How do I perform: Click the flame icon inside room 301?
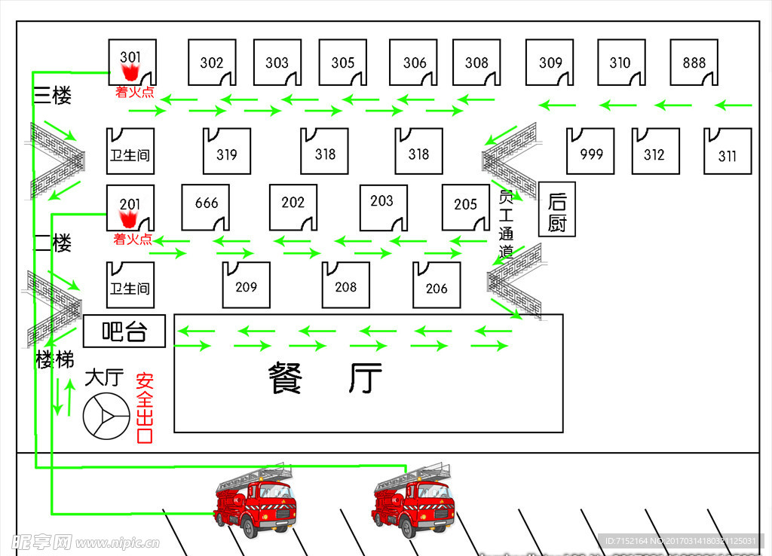coord(130,73)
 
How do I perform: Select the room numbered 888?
coord(694,63)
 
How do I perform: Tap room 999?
coord(591,151)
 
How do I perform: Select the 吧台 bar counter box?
coord(124,331)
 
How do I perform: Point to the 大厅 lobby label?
coord(103,377)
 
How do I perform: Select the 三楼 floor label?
coord(53,95)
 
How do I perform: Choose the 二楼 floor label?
coord(53,243)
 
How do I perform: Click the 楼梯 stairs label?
coord(54,360)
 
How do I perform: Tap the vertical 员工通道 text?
coord(506,223)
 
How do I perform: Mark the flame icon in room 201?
coord(129,219)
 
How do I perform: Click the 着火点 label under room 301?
coord(134,92)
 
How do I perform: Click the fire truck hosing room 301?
coord(414,501)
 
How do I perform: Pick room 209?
coord(246,286)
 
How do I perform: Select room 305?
coord(342,63)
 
